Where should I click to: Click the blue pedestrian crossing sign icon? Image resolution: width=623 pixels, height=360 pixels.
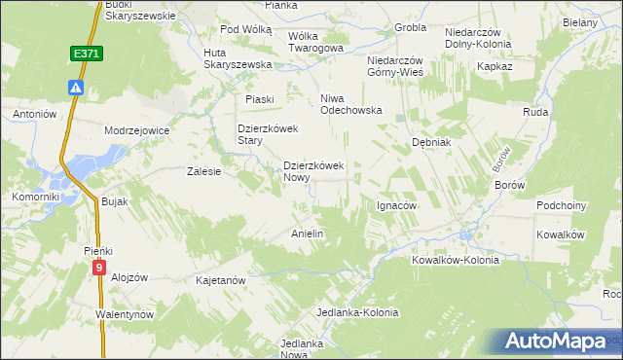tap(76, 87)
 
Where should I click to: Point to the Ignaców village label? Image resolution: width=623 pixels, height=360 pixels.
tap(396, 206)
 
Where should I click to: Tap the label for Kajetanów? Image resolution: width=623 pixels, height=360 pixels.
tap(220, 279)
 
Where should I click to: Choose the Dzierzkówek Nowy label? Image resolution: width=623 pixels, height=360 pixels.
tap(313, 172)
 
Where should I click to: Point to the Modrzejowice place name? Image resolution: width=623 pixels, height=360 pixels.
tap(137, 129)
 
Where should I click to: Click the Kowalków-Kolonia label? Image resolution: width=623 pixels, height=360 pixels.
tap(455, 260)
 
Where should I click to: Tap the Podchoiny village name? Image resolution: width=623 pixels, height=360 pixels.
tap(562, 206)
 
